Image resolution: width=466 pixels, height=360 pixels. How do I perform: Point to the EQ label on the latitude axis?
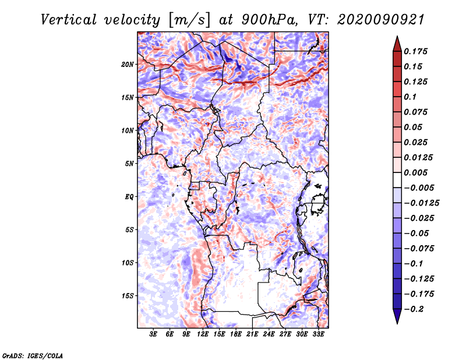point(129,196)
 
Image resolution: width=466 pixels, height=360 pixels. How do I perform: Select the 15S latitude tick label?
point(128,295)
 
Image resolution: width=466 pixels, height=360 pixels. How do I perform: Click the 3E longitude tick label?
point(154,334)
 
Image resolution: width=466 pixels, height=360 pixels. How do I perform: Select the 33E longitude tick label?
point(319,334)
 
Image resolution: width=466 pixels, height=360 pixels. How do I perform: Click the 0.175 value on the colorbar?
point(416,51)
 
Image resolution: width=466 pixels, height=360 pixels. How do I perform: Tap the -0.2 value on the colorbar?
point(417,309)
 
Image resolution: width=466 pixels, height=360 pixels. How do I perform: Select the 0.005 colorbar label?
point(416,172)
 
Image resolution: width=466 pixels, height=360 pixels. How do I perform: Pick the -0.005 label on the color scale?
point(419,188)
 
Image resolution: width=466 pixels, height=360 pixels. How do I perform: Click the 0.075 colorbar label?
point(416,112)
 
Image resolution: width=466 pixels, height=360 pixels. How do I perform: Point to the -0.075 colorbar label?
point(419,248)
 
